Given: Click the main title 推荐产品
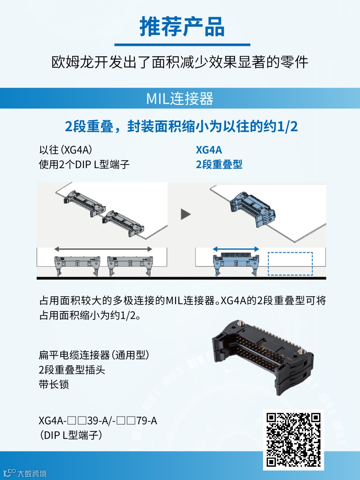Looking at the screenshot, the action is point(182,26).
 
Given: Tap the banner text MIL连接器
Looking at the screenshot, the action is point(180,99).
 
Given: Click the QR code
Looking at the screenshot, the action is point(293,440).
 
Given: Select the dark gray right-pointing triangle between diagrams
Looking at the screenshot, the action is point(186,214).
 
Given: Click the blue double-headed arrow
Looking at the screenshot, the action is point(236,249).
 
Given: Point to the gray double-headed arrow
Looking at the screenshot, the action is point(103,249).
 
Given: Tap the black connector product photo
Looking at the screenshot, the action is point(263,357).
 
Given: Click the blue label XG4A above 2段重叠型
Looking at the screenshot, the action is point(209,150).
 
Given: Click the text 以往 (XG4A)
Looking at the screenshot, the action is point(66,150).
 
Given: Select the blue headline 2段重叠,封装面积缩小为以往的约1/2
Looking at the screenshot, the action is point(181,127).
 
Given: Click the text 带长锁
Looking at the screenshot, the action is point(54,384).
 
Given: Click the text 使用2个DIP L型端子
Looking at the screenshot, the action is point(84,164).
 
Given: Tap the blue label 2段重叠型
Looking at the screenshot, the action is point(219,164).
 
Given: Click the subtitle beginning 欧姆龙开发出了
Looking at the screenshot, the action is point(180,62).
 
